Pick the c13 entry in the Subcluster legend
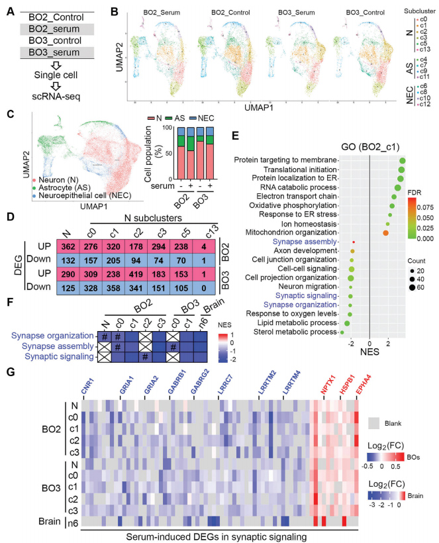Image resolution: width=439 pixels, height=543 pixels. point(422,68)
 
